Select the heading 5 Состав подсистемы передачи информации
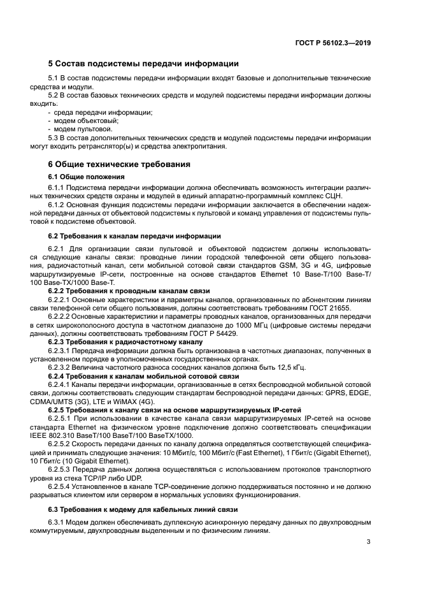click(143, 64)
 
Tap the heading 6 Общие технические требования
click(119, 164)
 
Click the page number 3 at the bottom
click(369, 542)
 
